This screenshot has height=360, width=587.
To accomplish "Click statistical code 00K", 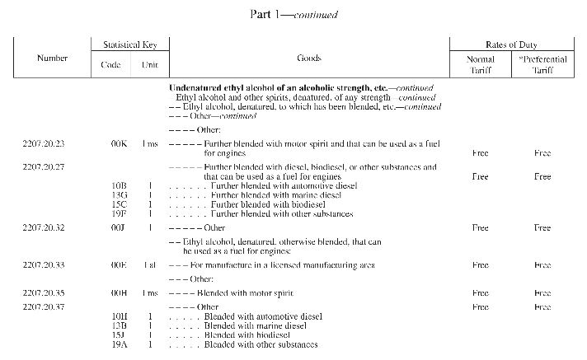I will pyautogui.click(x=119, y=144).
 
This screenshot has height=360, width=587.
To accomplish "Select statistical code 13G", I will pyautogui.click(x=119, y=194).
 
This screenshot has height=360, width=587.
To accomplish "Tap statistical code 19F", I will pyautogui.click(x=119, y=213).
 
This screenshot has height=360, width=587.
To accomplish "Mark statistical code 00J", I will pyautogui.click(x=119, y=227).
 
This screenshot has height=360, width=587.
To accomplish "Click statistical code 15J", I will pyautogui.click(x=119, y=335).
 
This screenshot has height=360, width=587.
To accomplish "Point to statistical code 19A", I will pyautogui.click(x=119, y=345).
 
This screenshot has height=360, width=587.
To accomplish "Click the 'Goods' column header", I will pyautogui.click(x=308, y=59).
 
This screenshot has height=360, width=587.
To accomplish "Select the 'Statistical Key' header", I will pyautogui.click(x=129, y=44).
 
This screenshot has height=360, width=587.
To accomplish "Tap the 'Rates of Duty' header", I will pyautogui.click(x=517, y=44).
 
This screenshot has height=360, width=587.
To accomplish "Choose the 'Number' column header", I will pyautogui.click(x=53, y=58).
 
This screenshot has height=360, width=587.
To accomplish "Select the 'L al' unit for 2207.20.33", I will pyautogui.click(x=149, y=265).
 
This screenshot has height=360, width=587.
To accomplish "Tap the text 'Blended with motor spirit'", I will pyautogui.click(x=245, y=293).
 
